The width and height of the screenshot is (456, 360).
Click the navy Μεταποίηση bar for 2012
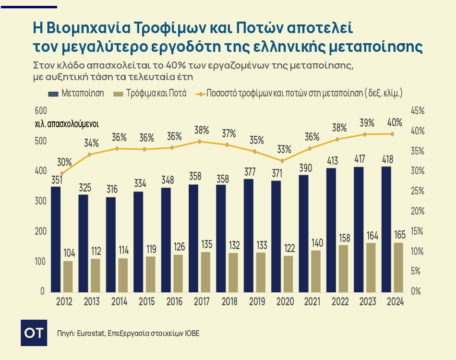[x=56, y=239]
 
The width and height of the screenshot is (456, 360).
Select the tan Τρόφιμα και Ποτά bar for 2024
[x=399, y=267]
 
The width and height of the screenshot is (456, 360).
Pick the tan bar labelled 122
[x=288, y=274]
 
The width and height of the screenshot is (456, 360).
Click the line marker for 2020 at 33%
[x=282, y=161]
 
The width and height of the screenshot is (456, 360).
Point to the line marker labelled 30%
[x=62, y=174]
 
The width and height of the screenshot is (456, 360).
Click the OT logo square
[x=34, y=333]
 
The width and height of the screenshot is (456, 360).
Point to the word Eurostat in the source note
[x=90, y=333]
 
